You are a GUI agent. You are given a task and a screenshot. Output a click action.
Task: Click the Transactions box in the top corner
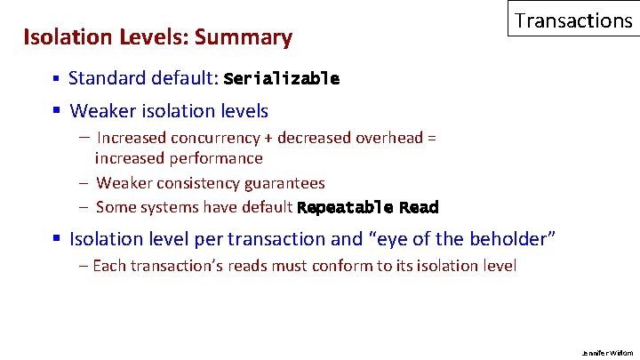tap(573, 20)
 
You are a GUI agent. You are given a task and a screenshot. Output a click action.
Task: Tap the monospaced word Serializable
tap(282, 78)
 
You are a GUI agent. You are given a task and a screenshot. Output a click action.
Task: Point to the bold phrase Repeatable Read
tap(368, 208)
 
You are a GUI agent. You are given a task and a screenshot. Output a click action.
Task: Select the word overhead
tap(388, 138)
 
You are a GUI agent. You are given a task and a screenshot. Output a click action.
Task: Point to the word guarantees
tap(284, 183)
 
